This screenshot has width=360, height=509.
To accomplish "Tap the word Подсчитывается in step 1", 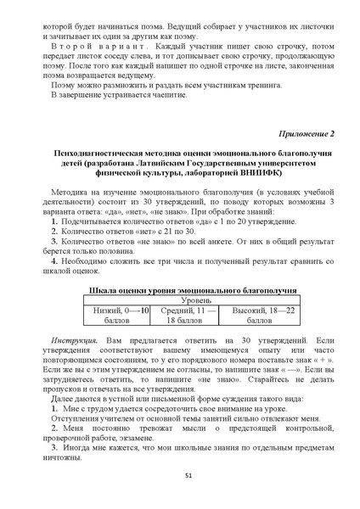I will [x=87, y=219].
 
